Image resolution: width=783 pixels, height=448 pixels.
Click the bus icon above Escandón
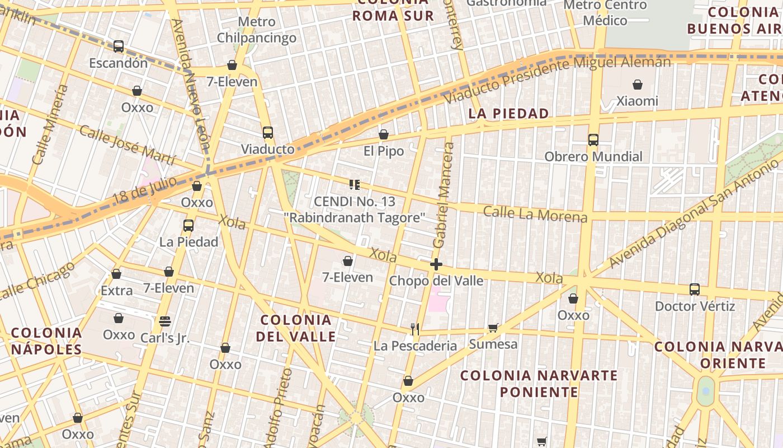pyautogui.click(x=119, y=46)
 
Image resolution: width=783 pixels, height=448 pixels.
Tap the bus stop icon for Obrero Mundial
pyautogui.click(x=593, y=140)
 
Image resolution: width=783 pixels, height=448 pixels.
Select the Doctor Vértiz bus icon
pyautogui.click(x=695, y=290)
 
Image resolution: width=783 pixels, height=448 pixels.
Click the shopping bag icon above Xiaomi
pyautogui.click(x=638, y=85)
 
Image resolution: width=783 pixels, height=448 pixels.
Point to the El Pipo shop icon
pyautogui.click(x=384, y=134)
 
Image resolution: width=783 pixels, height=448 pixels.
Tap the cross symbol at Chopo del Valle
pyautogui.click(x=436, y=264)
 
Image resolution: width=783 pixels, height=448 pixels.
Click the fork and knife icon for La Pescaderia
pyautogui.click(x=415, y=329)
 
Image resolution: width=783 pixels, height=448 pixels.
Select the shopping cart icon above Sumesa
pyautogui.click(x=493, y=328)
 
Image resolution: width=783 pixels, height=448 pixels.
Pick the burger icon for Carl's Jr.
pyautogui.click(x=164, y=321)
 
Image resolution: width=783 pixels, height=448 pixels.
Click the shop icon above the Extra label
pyautogui.click(x=116, y=274)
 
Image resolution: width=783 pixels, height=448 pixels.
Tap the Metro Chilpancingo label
pyautogui.click(x=257, y=30)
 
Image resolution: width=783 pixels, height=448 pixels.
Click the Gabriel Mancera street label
pyautogui.click(x=443, y=194)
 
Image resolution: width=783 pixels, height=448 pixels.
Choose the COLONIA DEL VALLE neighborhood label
pyautogui.click(x=296, y=328)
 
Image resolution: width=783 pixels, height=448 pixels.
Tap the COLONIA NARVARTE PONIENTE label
pyautogui.click(x=539, y=383)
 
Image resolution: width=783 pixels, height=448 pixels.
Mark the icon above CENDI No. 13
pyautogui.click(x=354, y=184)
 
